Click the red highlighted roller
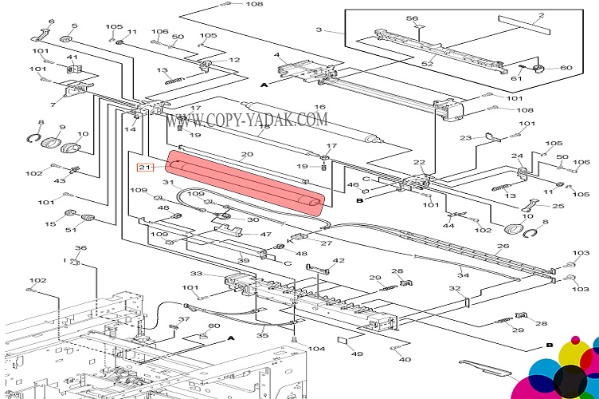pos(246,184)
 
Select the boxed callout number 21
pos(144,167)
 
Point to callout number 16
pos(320,107)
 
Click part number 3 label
pos(319,30)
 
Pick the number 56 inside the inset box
pos(412,18)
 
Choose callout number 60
pos(566,68)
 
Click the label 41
pos(72,57)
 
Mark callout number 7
pos(53,104)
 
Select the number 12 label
pos(234,60)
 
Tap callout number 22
pos(420,163)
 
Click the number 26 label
pos(503,246)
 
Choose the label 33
pos(196,274)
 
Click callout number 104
pos(317,349)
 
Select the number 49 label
pos(357,354)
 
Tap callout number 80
pos(213,326)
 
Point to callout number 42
pos(339,261)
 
